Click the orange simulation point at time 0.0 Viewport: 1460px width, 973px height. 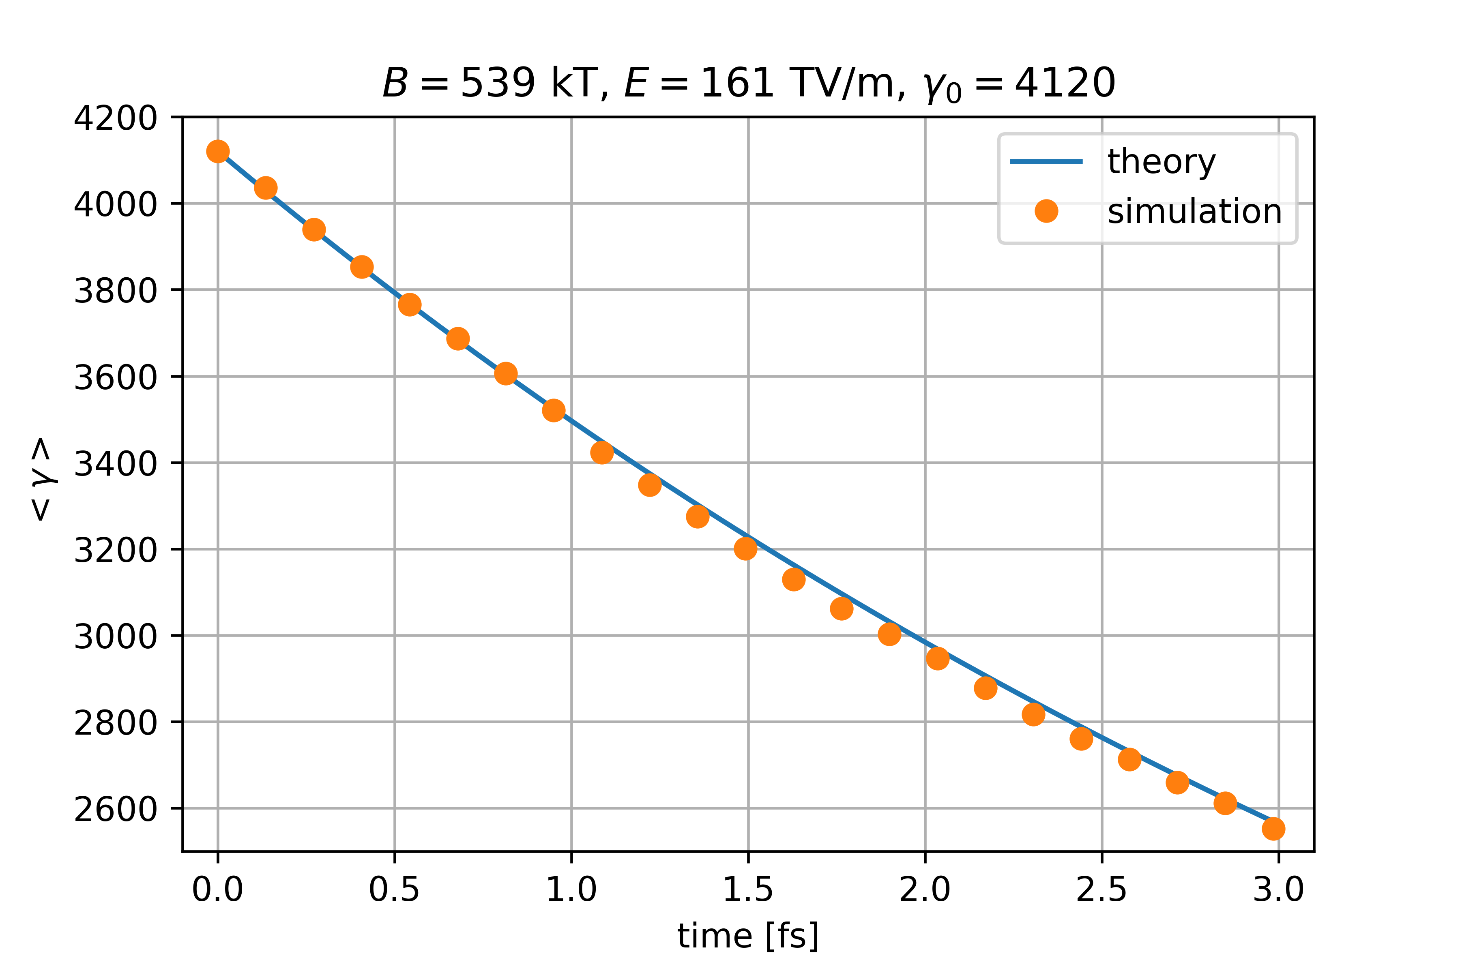pos(218,151)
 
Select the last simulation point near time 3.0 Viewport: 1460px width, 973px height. pos(1273,828)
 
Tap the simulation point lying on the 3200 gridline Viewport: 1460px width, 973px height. pos(745,549)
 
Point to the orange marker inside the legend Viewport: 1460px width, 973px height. pos(1046,212)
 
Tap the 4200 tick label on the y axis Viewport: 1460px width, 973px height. pos(116,118)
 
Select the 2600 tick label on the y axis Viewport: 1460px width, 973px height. pos(116,809)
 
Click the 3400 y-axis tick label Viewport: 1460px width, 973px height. pos(116,463)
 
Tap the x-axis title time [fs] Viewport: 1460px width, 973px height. pos(748,936)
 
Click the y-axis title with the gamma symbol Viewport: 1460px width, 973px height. pos(42,479)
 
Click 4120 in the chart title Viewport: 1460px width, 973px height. pos(1065,83)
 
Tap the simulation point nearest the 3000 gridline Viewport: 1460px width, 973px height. pos(889,634)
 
